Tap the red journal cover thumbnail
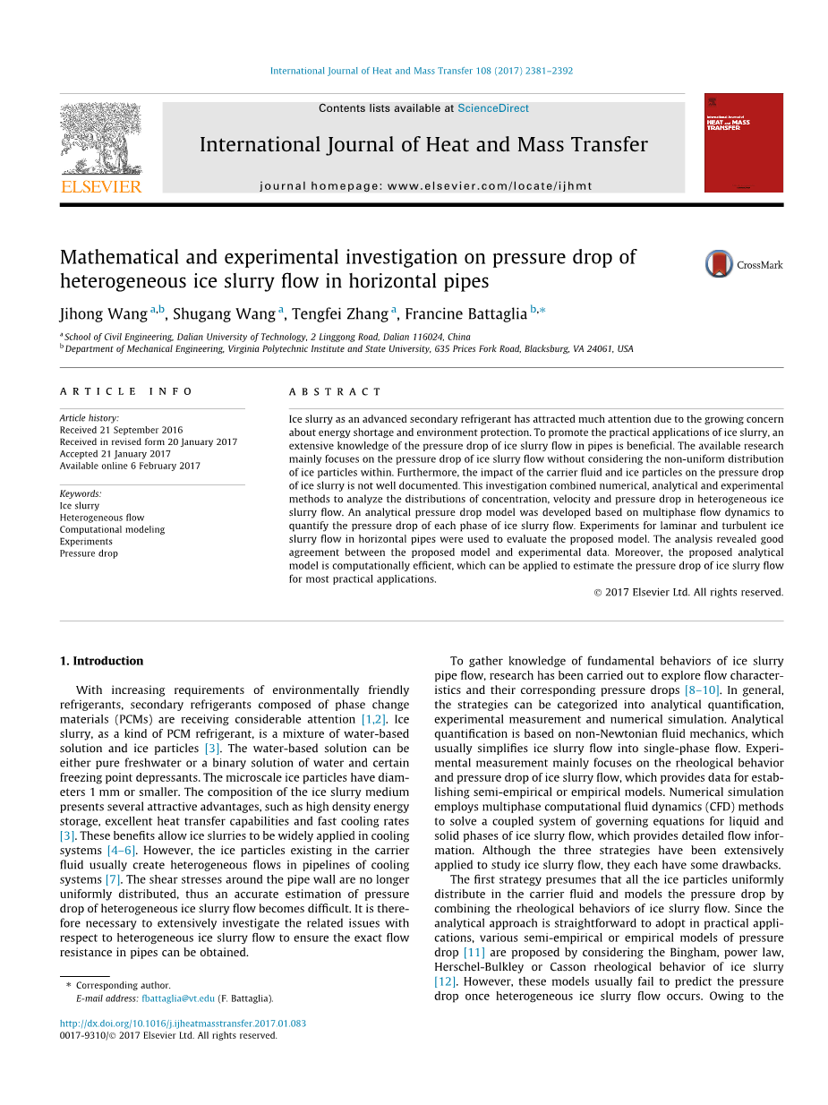743,142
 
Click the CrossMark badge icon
719,264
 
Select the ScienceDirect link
493,108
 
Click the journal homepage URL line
425,186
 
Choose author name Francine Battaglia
465,313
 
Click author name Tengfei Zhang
339,313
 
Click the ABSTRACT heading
336,392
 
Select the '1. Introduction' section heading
101,661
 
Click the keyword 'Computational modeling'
112,529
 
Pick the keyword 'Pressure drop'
89,553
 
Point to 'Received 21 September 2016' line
121,430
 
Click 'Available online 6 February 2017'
130,466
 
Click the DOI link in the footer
183,1024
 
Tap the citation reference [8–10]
702,690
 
